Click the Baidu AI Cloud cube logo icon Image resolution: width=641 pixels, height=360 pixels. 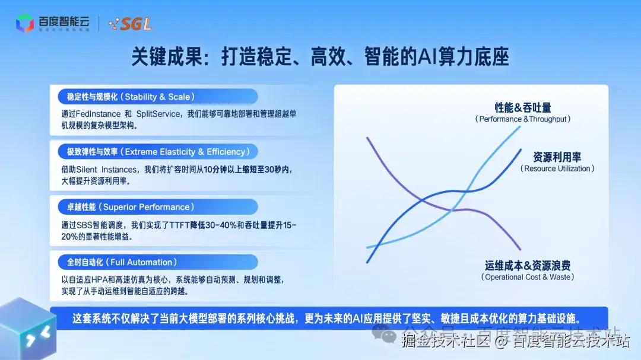(25, 23)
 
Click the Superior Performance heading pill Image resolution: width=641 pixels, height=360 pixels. (157, 206)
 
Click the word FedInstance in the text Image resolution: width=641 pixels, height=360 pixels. (97, 113)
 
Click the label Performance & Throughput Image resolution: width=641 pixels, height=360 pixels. (523, 119)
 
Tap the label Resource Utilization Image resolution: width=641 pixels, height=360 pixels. (557, 168)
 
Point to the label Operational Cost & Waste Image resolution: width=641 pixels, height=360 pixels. (528, 277)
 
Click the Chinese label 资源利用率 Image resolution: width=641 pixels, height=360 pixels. (557, 157)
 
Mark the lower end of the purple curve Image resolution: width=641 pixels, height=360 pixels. (520, 249)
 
